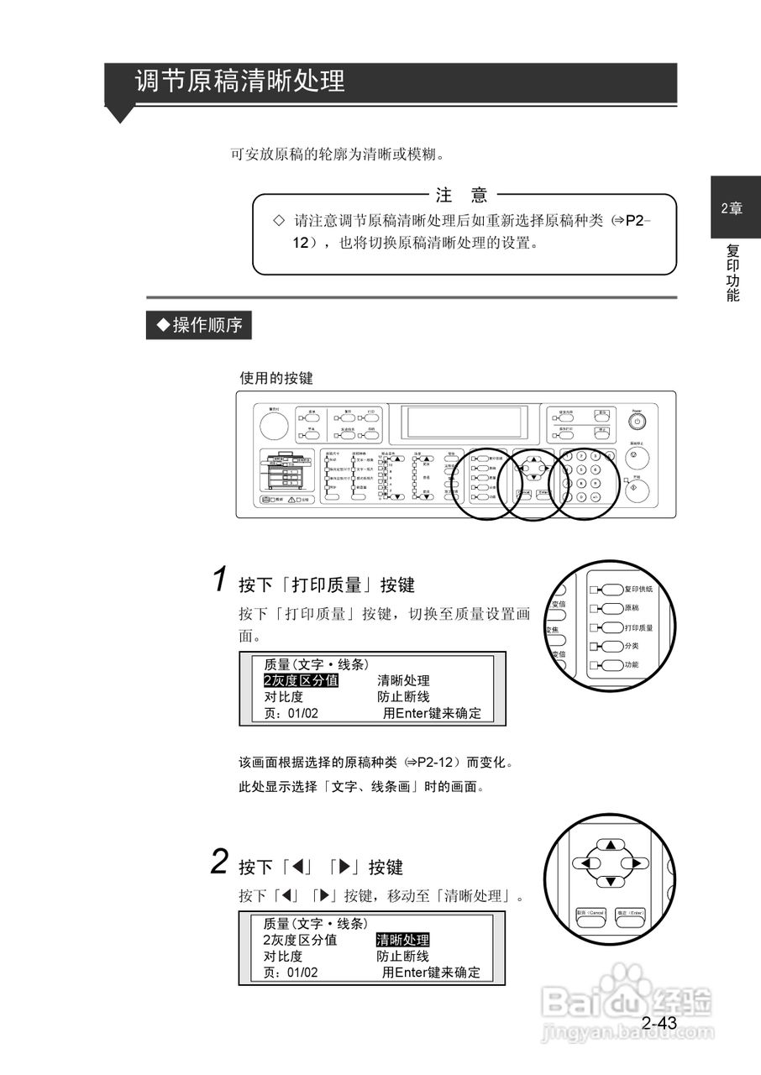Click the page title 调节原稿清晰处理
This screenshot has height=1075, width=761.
click(x=240, y=82)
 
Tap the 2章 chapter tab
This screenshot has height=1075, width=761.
click(x=732, y=209)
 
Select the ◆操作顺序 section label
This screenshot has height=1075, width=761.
click(x=198, y=325)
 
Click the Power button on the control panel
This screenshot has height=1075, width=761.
click(x=638, y=422)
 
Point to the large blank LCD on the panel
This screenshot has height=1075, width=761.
click(x=464, y=422)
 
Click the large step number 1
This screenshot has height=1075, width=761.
click(x=219, y=579)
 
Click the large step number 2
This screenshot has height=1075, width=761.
click(x=219, y=862)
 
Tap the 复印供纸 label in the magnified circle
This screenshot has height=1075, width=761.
click(x=638, y=590)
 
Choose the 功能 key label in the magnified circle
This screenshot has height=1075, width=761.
click(x=631, y=665)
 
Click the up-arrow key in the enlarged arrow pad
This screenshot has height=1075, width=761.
click(x=611, y=845)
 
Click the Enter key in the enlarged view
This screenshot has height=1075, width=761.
click(x=630, y=913)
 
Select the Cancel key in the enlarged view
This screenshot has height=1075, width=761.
click(x=590, y=913)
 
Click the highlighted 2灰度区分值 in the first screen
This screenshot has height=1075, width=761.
click(x=301, y=680)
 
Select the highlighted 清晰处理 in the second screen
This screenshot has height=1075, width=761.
click(x=402, y=940)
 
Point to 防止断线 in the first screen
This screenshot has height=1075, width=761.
click(x=403, y=697)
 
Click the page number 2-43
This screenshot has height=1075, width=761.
click(x=659, y=1023)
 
